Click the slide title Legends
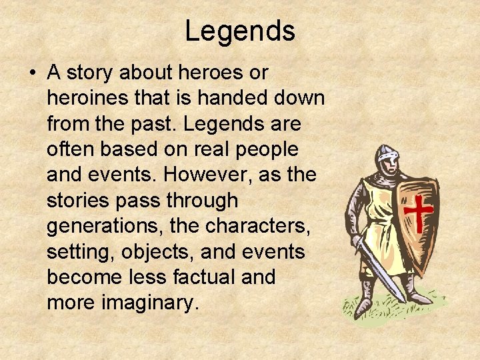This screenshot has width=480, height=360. (x=240, y=31)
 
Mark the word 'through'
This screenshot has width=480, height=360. (x=203, y=200)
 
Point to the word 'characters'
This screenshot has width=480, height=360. (x=257, y=225)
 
